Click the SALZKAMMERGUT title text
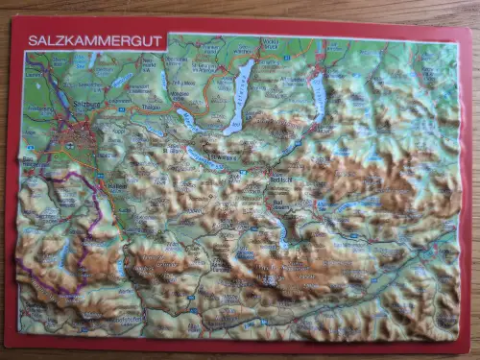click(94, 41)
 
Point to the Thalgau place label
click(152, 108)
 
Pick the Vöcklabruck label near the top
click(272, 42)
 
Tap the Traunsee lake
click(319, 96)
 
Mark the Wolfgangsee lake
click(204, 157)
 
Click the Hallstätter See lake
click(280, 231)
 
